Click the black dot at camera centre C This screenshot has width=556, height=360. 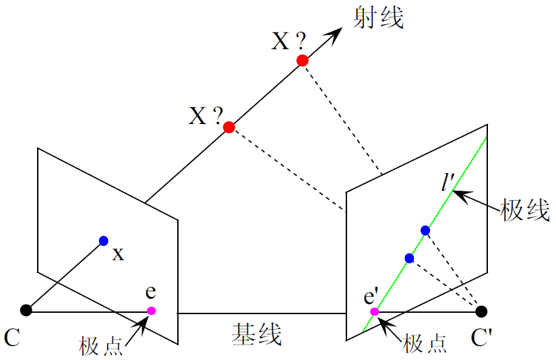coord(26,310)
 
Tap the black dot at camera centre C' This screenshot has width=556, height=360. coord(481,311)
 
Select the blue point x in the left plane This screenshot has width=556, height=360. coord(103,241)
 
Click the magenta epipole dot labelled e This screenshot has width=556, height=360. coord(152,311)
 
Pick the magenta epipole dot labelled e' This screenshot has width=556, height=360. coord(375,311)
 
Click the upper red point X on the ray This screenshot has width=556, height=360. coord(303,61)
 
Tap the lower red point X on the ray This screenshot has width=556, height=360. coord(229,127)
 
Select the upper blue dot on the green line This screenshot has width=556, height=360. coord(425,231)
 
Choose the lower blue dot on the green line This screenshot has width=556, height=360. coord(409,258)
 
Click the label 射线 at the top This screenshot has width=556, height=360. coord(379,18)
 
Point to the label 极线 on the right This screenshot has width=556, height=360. coord(525,210)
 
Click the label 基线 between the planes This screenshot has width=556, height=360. coord(257,334)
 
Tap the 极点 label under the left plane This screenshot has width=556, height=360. coord(102,345)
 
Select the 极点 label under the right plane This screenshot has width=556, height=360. coord(425,344)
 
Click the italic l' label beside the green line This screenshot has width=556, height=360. coord(447,182)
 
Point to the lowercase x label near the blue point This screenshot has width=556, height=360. coord(118,254)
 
